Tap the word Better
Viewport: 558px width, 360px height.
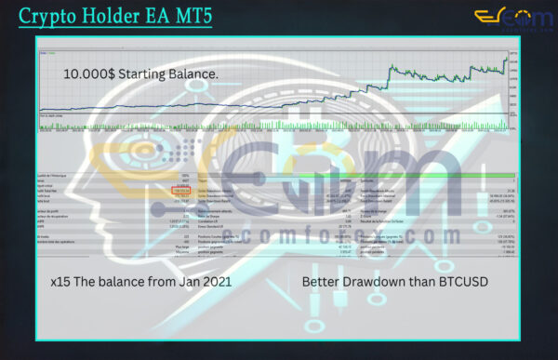(x=322, y=279)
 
